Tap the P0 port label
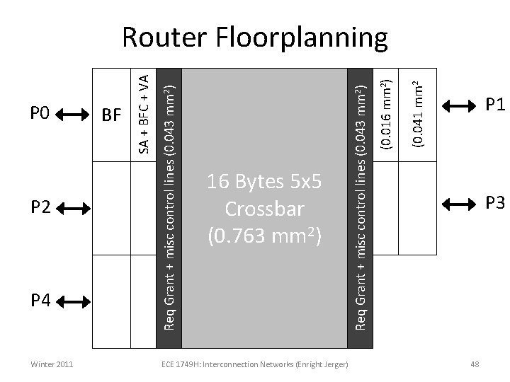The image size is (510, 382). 40,113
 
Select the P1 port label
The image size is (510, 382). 494,105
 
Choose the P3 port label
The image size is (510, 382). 494,204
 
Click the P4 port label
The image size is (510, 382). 40,301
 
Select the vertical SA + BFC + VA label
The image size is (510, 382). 144,114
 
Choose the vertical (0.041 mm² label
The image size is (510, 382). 419,113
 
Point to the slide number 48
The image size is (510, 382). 475,364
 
